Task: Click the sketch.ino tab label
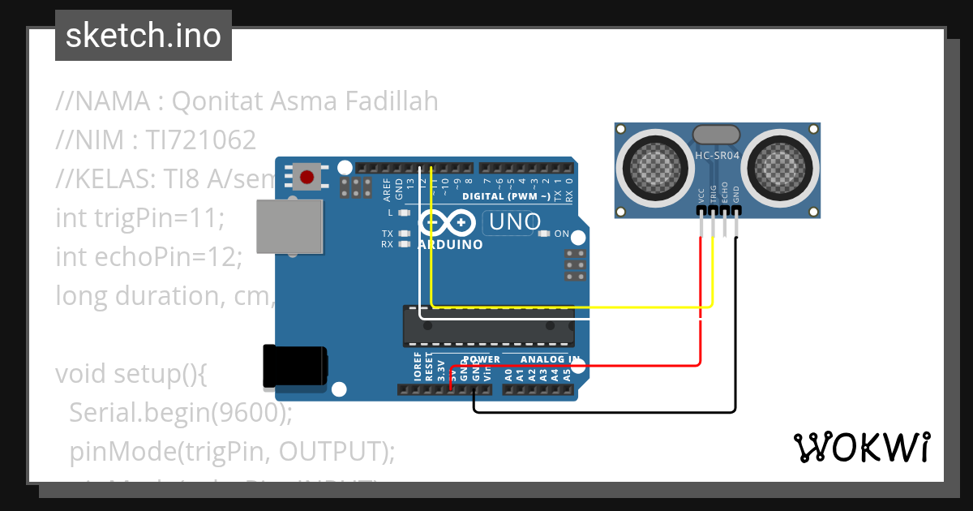coord(143,36)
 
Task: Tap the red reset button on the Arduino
coord(306,177)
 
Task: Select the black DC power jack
coord(295,365)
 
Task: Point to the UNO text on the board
coord(512,221)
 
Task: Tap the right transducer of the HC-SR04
coord(779,167)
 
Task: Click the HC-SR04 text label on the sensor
coord(717,154)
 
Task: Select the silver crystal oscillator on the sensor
coord(716,133)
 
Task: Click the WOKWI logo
coord(861,447)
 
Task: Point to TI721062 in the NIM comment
coord(201,140)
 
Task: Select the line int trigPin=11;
coord(139,218)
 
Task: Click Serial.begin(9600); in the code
coord(180,413)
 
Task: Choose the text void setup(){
coord(132,374)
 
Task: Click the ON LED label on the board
coord(561,234)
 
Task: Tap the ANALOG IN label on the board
coord(550,359)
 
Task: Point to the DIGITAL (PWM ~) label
coord(506,196)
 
